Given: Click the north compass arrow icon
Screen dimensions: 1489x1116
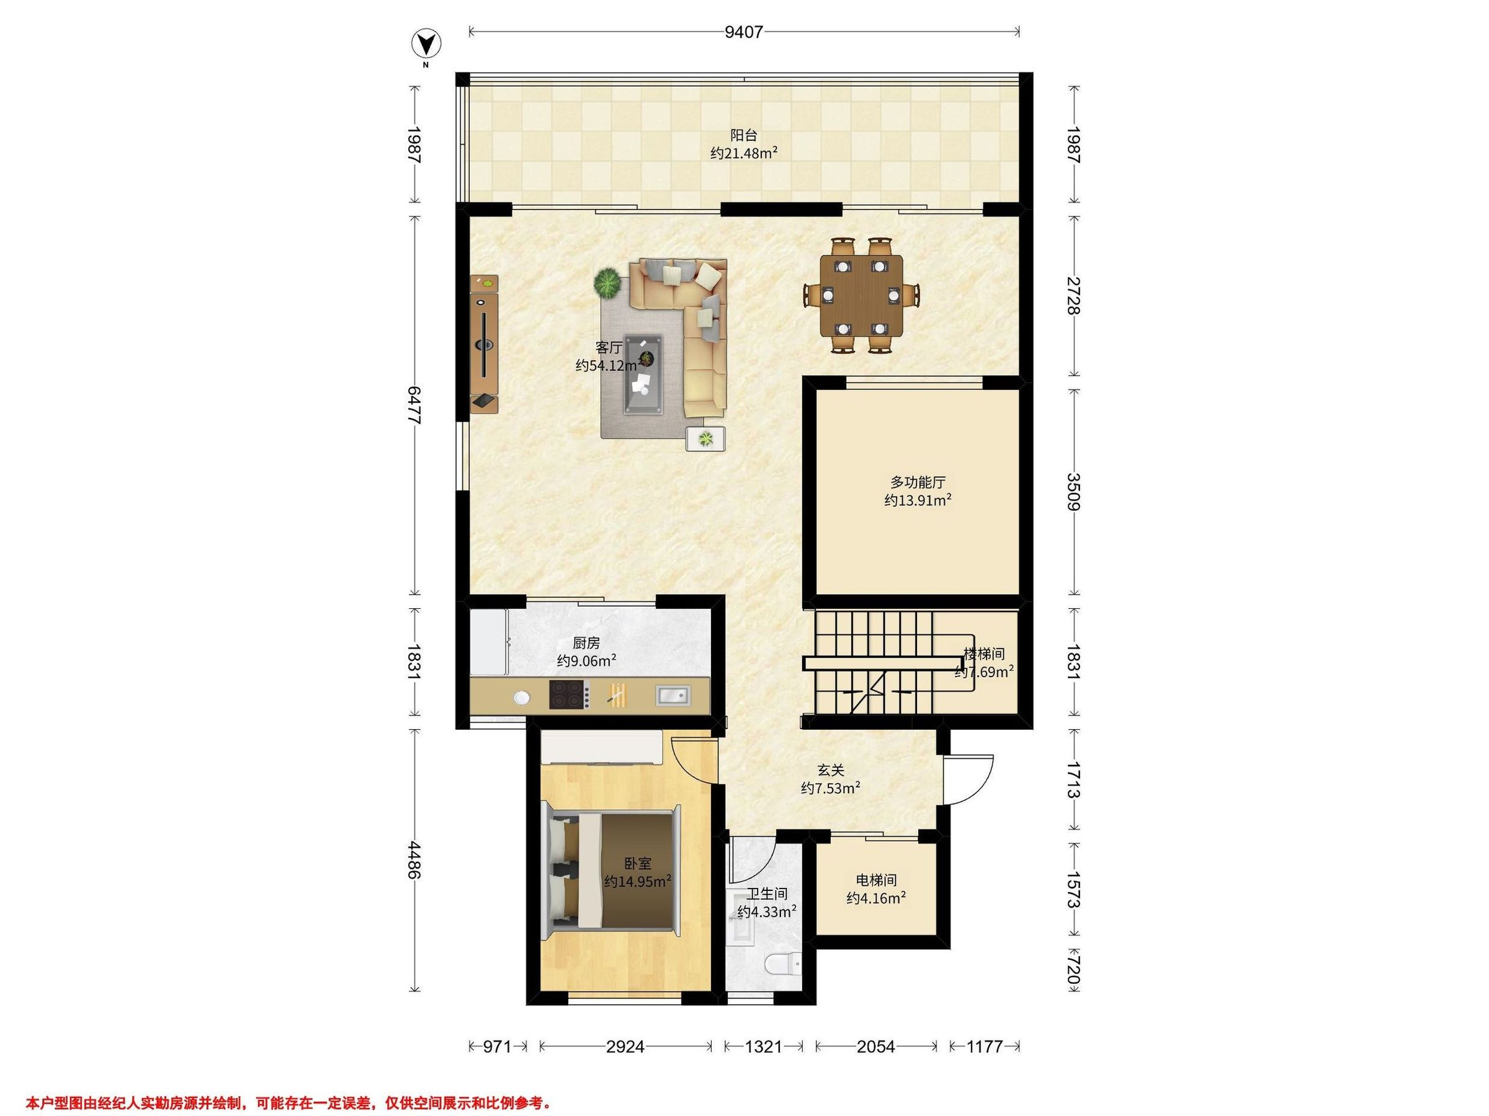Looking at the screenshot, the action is (x=426, y=45).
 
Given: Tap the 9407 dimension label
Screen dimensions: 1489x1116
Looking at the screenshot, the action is (x=744, y=32).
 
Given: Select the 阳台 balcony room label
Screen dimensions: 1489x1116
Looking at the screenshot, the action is (x=744, y=135).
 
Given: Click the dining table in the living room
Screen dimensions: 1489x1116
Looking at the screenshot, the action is (x=862, y=294).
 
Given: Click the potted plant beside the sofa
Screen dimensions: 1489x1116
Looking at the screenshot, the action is (x=607, y=283).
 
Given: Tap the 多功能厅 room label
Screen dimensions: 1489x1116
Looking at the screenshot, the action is (x=918, y=482).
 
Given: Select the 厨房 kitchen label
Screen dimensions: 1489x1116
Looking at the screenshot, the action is (x=586, y=643).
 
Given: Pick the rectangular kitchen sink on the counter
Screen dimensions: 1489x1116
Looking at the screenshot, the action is (x=672, y=694).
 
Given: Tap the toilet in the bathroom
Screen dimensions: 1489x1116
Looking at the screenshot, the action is (x=784, y=965).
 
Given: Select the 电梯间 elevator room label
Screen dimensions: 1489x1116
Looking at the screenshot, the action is (x=876, y=880).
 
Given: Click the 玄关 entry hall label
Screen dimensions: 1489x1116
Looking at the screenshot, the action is (x=831, y=769).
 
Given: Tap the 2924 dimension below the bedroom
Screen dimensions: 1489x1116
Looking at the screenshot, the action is (x=625, y=1046).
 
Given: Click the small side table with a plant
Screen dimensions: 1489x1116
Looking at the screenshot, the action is (x=705, y=439).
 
